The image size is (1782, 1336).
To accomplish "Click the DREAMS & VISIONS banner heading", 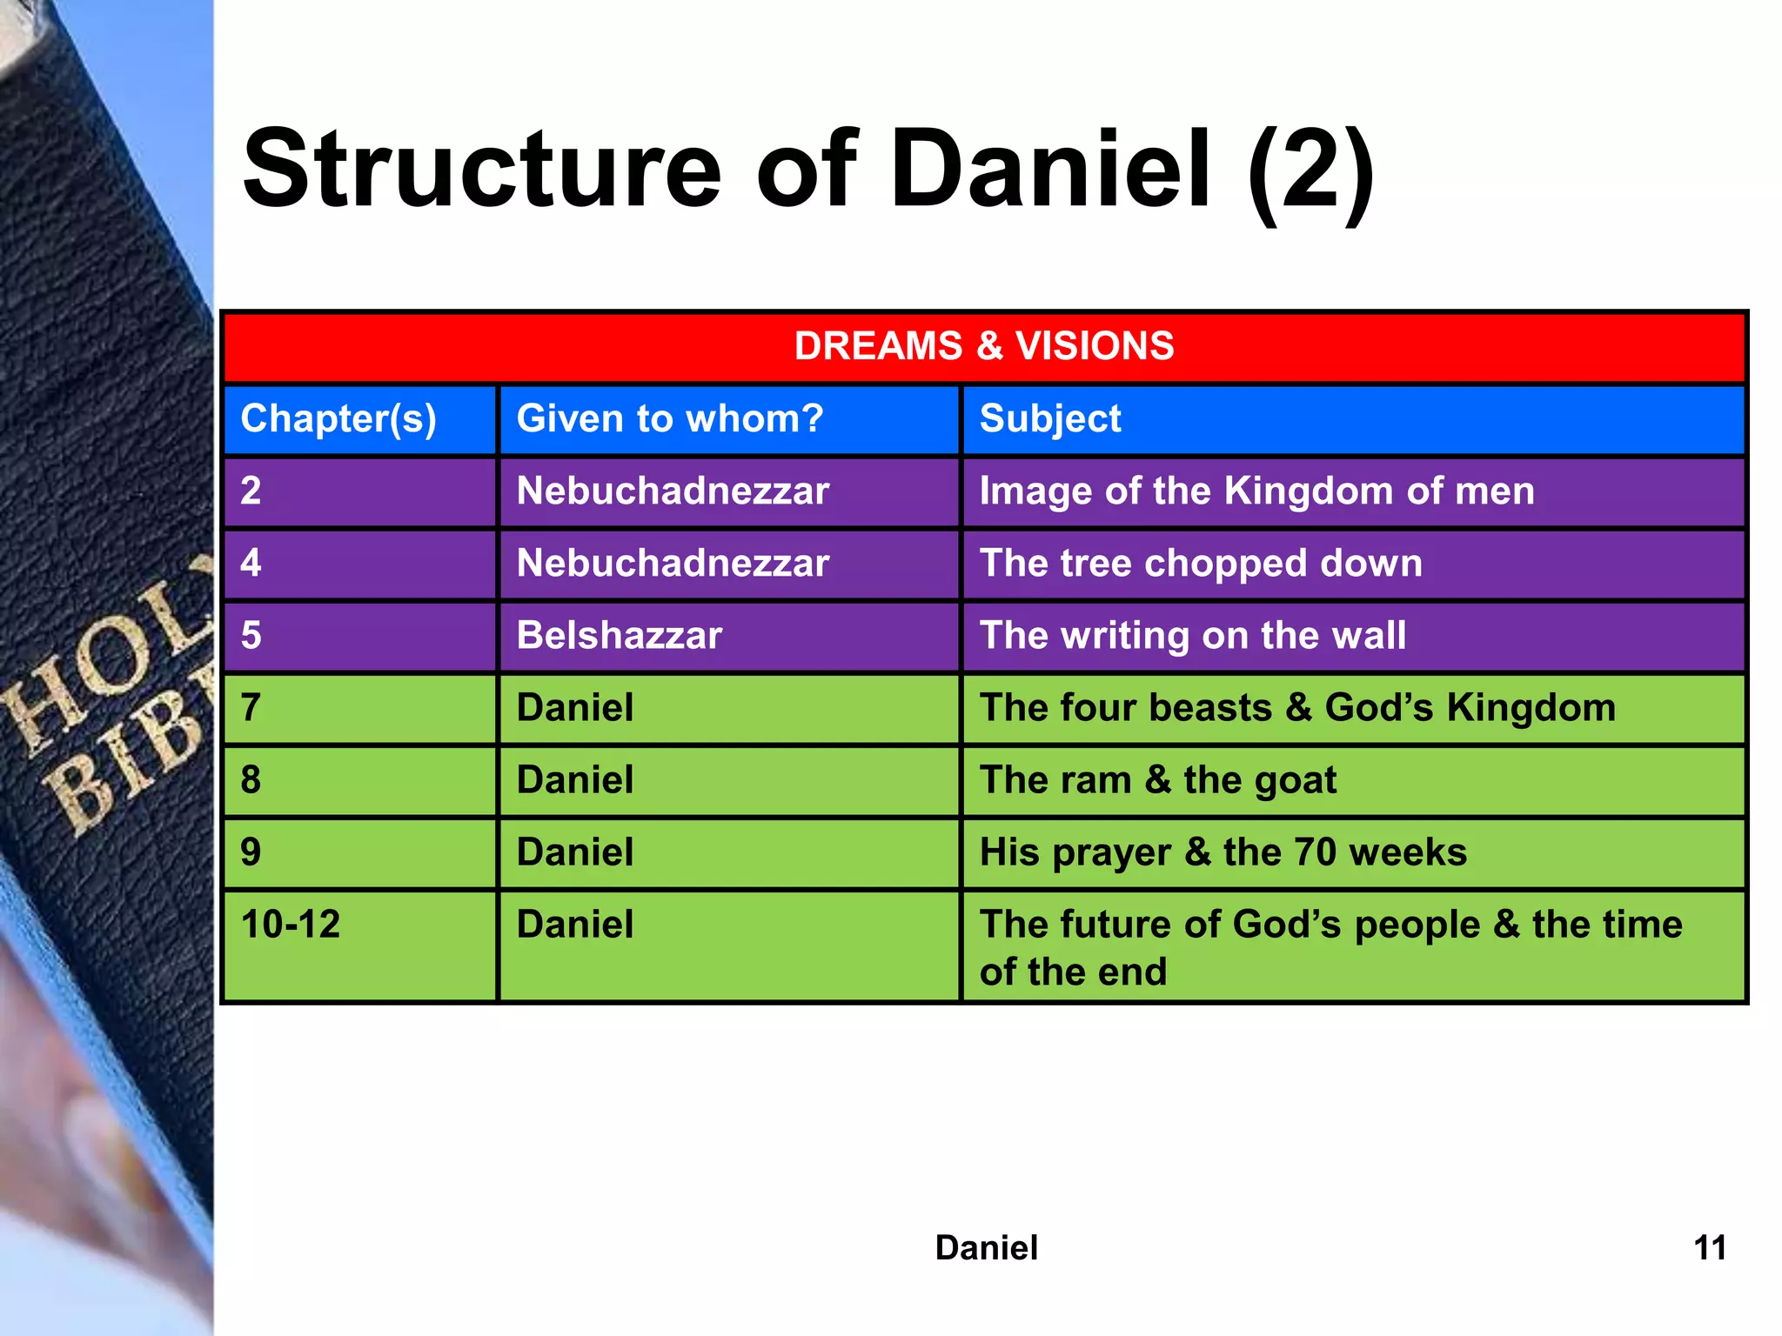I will (x=983, y=346).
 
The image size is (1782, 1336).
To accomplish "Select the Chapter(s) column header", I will (x=338, y=419).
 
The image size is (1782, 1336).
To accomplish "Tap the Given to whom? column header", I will (x=669, y=419).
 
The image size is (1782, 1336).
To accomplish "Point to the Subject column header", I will (x=1049, y=419).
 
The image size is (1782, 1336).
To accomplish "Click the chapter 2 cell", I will (x=251, y=491).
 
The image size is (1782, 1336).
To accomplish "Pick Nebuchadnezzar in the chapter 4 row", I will (x=673, y=564).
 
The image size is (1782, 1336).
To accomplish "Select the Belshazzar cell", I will (x=619, y=636).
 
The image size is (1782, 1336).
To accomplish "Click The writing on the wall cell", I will (x=1192, y=636).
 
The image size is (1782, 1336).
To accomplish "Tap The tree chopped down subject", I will (x=1201, y=564).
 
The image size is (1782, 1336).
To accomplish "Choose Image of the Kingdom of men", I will (x=1256, y=491).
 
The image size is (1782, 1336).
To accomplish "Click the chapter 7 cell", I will (x=251, y=708).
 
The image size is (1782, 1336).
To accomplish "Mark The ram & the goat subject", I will (x=1157, y=780).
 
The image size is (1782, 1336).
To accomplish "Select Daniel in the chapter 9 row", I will (x=574, y=852).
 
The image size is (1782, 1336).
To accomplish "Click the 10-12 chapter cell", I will (x=291, y=925).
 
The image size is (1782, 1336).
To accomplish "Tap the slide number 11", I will (x=1709, y=1248).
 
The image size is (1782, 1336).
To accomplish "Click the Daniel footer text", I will (x=986, y=1248).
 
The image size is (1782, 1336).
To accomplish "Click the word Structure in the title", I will (x=481, y=170).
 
